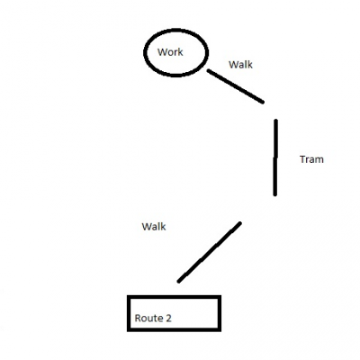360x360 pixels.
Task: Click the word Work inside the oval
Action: pyautogui.click(x=170, y=52)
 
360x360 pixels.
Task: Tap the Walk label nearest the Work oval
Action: pyautogui.click(x=240, y=65)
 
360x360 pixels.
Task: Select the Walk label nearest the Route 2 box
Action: pyautogui.click(x=154, y=227)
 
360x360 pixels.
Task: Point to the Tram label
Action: pyautogui.click(x=311, y=159)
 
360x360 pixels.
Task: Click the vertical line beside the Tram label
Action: pyautogui.click(x=275, y=157)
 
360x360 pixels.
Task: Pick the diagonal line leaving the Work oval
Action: pyautogui.click(x=236, y=86)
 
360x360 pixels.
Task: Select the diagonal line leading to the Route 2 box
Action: pyautogui.click(x=210, y=252)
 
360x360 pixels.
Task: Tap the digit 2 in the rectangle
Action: pyautogui.click(x=168, y=318)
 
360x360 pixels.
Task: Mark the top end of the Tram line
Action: pyautogui.click(x=276, y=120)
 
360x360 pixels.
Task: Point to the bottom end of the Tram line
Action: pyautogui.click(x=274, y=195)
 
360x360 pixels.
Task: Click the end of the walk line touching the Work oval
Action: pyautogui.click(x=208, y=71)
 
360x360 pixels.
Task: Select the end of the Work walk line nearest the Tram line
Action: pyautogui.click(x=263, y=103)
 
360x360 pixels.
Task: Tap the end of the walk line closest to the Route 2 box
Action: pyautogui.click(x=178, y=282)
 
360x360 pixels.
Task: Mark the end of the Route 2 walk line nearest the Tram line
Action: pyautogui.click(x=240, y=223)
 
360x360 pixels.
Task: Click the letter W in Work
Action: pyautogui.click(x=162, y=52)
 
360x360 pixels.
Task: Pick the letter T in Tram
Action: pyautogui.click(x=302, y=159)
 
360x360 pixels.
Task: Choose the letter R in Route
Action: pyautogui.click(x=138, y=318)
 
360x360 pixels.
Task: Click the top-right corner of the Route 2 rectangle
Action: pyautogui.click(x=220, y=297)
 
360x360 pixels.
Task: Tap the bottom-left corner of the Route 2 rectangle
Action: pyautogui.click(x=129, y=329)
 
